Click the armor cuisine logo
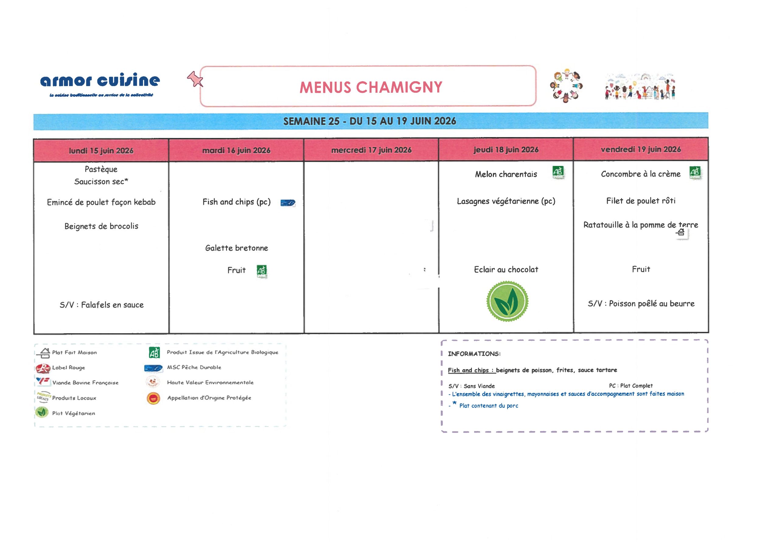click(x=100, y=83)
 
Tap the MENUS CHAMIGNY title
click(x=371, y=88)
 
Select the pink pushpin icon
click(x=195, y=79)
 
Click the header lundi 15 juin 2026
click(x=101, y=150)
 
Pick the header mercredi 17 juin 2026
click(x=371, y=150)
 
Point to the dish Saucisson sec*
click(x=101, y=182)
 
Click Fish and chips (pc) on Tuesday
click(x=236, y=202)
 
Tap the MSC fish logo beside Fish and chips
click(x=288, y=203)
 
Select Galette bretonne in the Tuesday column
click(x=236, y=248)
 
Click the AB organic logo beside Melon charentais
click(x=558, y=172)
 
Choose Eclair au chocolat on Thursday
click(x=506, y=270)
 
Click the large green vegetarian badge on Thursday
click(x=507, y=301)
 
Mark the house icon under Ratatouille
click(x=681, y=232)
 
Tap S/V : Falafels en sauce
click(x=101, y=305)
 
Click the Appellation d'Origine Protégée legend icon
click(x=153, y=398)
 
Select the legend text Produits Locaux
click(x=74, y=398)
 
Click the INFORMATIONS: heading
click(x=474, y=354)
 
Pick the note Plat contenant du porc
click(x=489, y=406)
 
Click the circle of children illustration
click(x=566, y=86)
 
